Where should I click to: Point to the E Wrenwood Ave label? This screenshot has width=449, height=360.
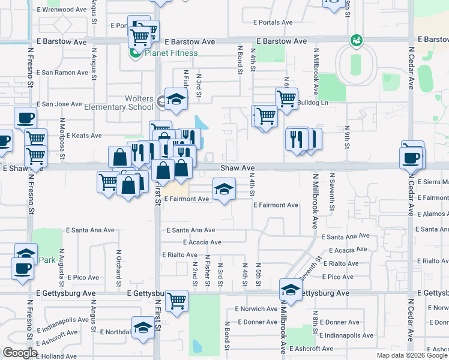pyautogui.click(x=62, y=10)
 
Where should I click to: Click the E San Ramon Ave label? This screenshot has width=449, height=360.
pyautogui.click(x=62, y=73)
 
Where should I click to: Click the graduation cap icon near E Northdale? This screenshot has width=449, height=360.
pyautogui.click(x=143, y=327)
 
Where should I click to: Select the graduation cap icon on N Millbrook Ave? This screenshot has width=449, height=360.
pyautogui.click(x=291, y=290)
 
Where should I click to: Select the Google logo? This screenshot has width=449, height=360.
pyautogui.click(x=20, y=353)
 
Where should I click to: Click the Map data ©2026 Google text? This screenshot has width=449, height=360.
pyautogui.click(x=411, y=355)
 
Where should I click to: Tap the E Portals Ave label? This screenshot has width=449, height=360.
pyautogui.click(x=272, y=22)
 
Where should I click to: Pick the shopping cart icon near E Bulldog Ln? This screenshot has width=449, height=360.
pyautogui.click(x=287, y=98)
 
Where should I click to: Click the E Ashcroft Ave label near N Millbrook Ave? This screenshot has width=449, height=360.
pyautogui.click(x=311, y=349)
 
